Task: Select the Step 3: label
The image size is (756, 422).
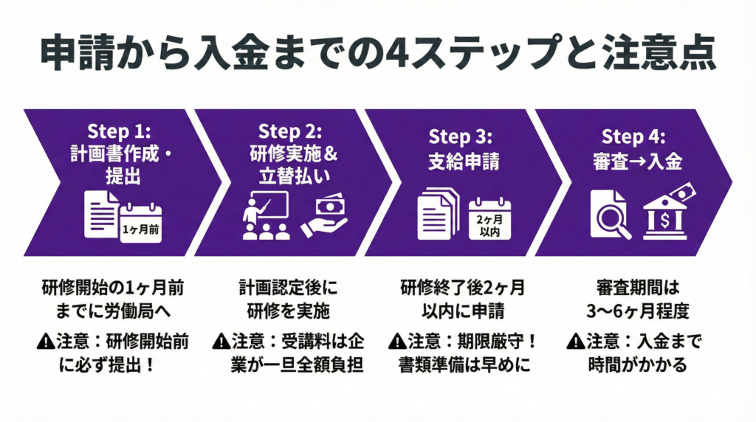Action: coord(460,136)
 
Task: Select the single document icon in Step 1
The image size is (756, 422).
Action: coord(100,214)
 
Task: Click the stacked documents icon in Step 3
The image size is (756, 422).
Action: coord(439,214)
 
